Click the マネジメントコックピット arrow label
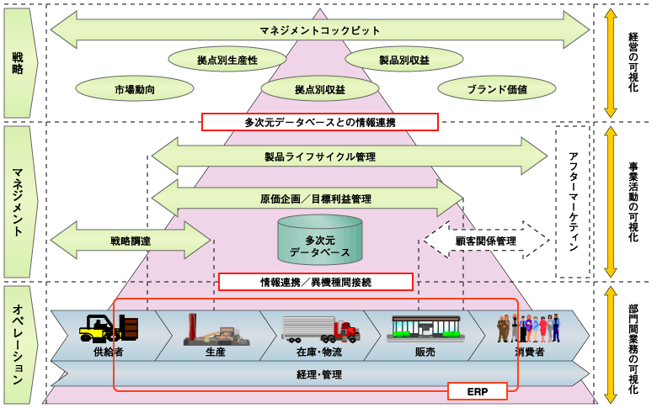coord(320,31)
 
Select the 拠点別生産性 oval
coord(227,60)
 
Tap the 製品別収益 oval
coord(404,60)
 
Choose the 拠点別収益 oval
coord(320,87)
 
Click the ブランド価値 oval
coord(497,87)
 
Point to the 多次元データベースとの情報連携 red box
coord(320,122)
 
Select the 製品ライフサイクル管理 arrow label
coord(320,156)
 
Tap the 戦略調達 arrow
coord(131,241)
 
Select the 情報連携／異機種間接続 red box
coord(316,282)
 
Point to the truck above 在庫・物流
coord(319,329)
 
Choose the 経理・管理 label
coord(319,374)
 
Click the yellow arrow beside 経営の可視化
coord(612,63)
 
